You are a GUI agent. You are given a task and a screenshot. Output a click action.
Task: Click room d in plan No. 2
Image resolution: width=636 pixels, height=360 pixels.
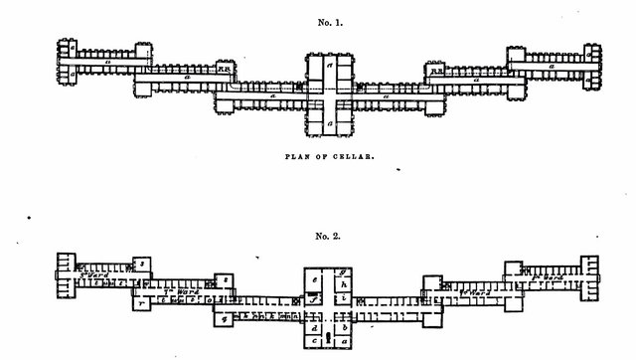[x=315, y=327]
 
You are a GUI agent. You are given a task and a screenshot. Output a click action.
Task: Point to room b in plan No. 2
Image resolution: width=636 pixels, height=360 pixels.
[x=345, y=326]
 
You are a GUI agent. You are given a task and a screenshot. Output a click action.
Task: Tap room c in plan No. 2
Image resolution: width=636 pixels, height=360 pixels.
[x=315, y=341]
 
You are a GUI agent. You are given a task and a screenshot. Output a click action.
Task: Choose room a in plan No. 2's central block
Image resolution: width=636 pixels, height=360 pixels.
[x=345, y=341]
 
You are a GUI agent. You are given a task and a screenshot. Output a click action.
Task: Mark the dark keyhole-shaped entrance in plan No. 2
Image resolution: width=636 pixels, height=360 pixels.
[x=329, y=337]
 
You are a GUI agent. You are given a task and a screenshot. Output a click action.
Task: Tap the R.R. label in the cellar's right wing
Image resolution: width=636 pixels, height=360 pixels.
[x=435, y=70]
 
